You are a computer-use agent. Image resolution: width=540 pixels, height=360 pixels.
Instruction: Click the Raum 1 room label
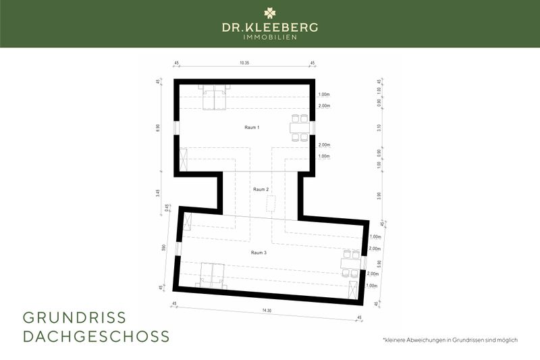252,127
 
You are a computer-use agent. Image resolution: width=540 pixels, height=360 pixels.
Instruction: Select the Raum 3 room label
260,253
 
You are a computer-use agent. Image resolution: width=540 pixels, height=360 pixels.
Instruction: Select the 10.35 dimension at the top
245,63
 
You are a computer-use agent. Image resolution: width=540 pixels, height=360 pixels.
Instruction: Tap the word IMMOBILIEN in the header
270,37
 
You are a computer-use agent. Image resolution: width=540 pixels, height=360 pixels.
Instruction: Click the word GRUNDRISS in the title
74,317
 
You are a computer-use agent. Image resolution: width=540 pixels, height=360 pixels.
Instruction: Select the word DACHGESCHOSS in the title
96,336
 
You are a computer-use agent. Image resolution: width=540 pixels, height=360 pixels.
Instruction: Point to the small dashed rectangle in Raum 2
271,203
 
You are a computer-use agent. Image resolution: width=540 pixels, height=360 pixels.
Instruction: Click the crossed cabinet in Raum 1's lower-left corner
185,159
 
